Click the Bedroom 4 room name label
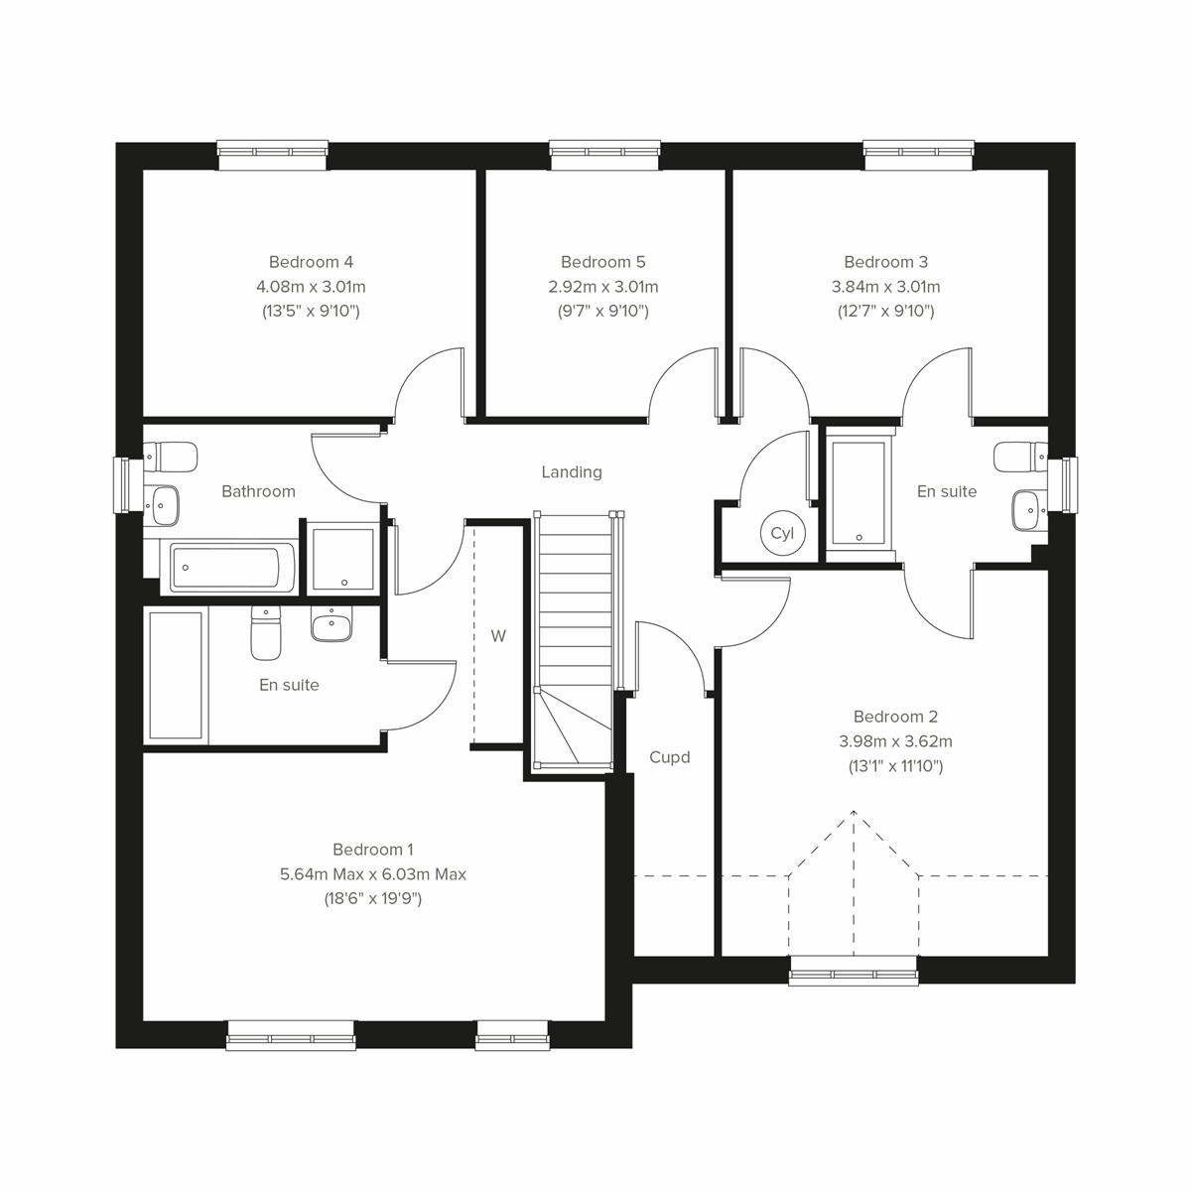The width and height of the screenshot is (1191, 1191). (x=311, y=262)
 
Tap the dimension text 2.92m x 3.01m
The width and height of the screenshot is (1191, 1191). (x=602, y=287)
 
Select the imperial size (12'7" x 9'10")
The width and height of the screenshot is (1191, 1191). (x=885, y=312)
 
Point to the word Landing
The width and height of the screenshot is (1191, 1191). (x=571, y=472)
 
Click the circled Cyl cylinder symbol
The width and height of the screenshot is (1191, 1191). (x=782, y=533)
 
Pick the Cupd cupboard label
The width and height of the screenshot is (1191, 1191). (x=669, y=757)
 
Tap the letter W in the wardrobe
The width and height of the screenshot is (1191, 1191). (x=498, y=636)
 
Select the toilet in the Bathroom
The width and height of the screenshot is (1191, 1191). (x=173, y=458)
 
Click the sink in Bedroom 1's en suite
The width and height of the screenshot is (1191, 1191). (x=331, y=625)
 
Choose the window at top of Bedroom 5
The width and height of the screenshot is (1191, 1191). (x=604, y=151)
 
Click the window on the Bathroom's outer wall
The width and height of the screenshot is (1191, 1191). (x=122, y=485)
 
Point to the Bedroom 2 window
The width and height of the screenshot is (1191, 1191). (x=854, y=971)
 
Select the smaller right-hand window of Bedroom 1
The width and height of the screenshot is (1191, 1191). (x=512, y=1036)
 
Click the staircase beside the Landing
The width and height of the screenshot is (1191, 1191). (x=576, y=635)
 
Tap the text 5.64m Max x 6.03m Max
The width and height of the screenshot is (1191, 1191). (x=373, y=874)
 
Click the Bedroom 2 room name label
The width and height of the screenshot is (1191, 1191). (x=895, y=717)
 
